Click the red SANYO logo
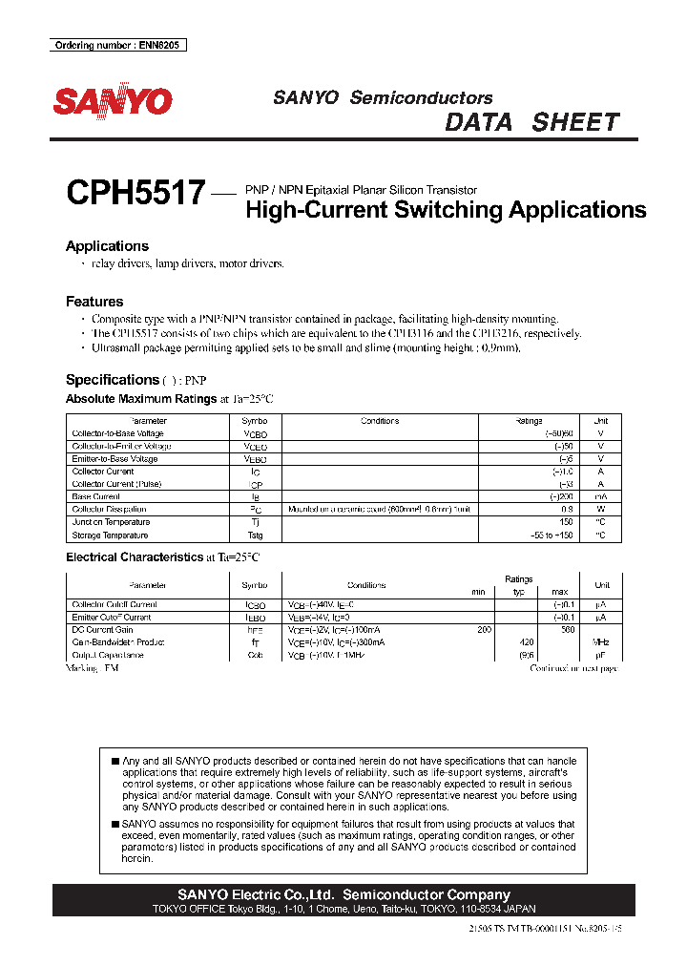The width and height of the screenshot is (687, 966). point(113,102)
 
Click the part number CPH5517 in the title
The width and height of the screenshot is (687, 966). point(135,194)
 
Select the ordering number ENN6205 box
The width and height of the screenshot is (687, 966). point(117,45)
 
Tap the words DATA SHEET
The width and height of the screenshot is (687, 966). point(532,122)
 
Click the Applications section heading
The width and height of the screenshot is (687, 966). point(107,246)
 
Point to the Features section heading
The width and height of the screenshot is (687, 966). point(94,302)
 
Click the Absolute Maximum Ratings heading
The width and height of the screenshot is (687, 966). point(141,399)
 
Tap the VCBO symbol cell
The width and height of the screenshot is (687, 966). point(256,433)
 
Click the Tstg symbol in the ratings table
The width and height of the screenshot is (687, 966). point(256,535)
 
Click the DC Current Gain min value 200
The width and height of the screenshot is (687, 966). point(484,630)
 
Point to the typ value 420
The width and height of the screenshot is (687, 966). point(526,642)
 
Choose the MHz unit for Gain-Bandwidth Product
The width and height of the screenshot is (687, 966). point(601,642)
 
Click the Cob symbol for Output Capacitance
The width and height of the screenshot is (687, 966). point(255,656)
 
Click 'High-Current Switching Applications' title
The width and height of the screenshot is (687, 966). point(446,210)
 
